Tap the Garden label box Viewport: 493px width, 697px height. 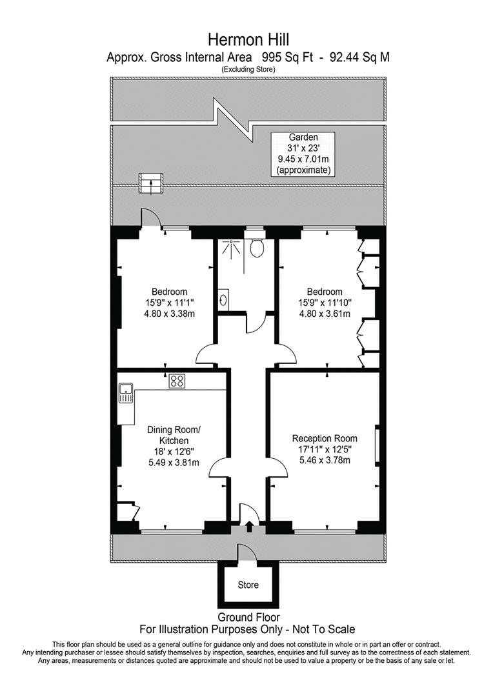(x=303, y=154)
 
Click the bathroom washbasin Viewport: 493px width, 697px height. (x=223, y=299)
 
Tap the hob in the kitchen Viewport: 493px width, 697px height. (x=176, y=381)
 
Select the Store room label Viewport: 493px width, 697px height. (x=248, y=585)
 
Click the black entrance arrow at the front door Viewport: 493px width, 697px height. (x=250, y=527)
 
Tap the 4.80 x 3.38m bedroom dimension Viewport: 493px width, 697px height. (x=169, y=314)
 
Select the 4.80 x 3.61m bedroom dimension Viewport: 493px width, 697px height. (x=325, y=314)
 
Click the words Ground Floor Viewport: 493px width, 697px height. (x=248, y=618)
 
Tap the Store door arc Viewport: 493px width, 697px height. (x=246, y=554)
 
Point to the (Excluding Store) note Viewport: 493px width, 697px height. (x=248, y=69)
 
